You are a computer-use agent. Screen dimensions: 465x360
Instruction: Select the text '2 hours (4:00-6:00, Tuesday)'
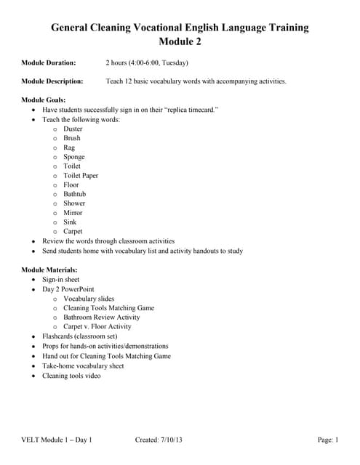[x=147, y=62]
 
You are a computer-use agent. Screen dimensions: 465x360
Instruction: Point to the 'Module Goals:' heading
[x=44, y=100]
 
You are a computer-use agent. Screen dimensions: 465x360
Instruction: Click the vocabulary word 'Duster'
[x=73, y=129]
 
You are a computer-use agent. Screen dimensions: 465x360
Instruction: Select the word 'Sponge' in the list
[x=74, y=157]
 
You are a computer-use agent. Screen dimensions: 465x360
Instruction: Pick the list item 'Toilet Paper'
[x=81, y=175]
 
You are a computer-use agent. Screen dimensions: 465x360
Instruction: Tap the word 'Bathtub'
[x=76, y=194]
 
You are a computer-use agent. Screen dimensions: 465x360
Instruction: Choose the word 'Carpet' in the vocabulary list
[x=73, y=232]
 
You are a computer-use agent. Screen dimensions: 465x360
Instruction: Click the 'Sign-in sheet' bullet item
[x=61, y=280]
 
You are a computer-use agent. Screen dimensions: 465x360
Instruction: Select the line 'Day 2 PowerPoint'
[x=68, y=289]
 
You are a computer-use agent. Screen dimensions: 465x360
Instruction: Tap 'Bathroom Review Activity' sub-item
[x=102, y=318]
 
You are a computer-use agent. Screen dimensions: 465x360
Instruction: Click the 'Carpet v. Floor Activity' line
[x=97, y=327]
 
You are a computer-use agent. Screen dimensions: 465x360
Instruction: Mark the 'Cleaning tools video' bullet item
[x=71, y=376]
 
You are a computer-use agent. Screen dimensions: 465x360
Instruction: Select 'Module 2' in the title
[x=180, y=41]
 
